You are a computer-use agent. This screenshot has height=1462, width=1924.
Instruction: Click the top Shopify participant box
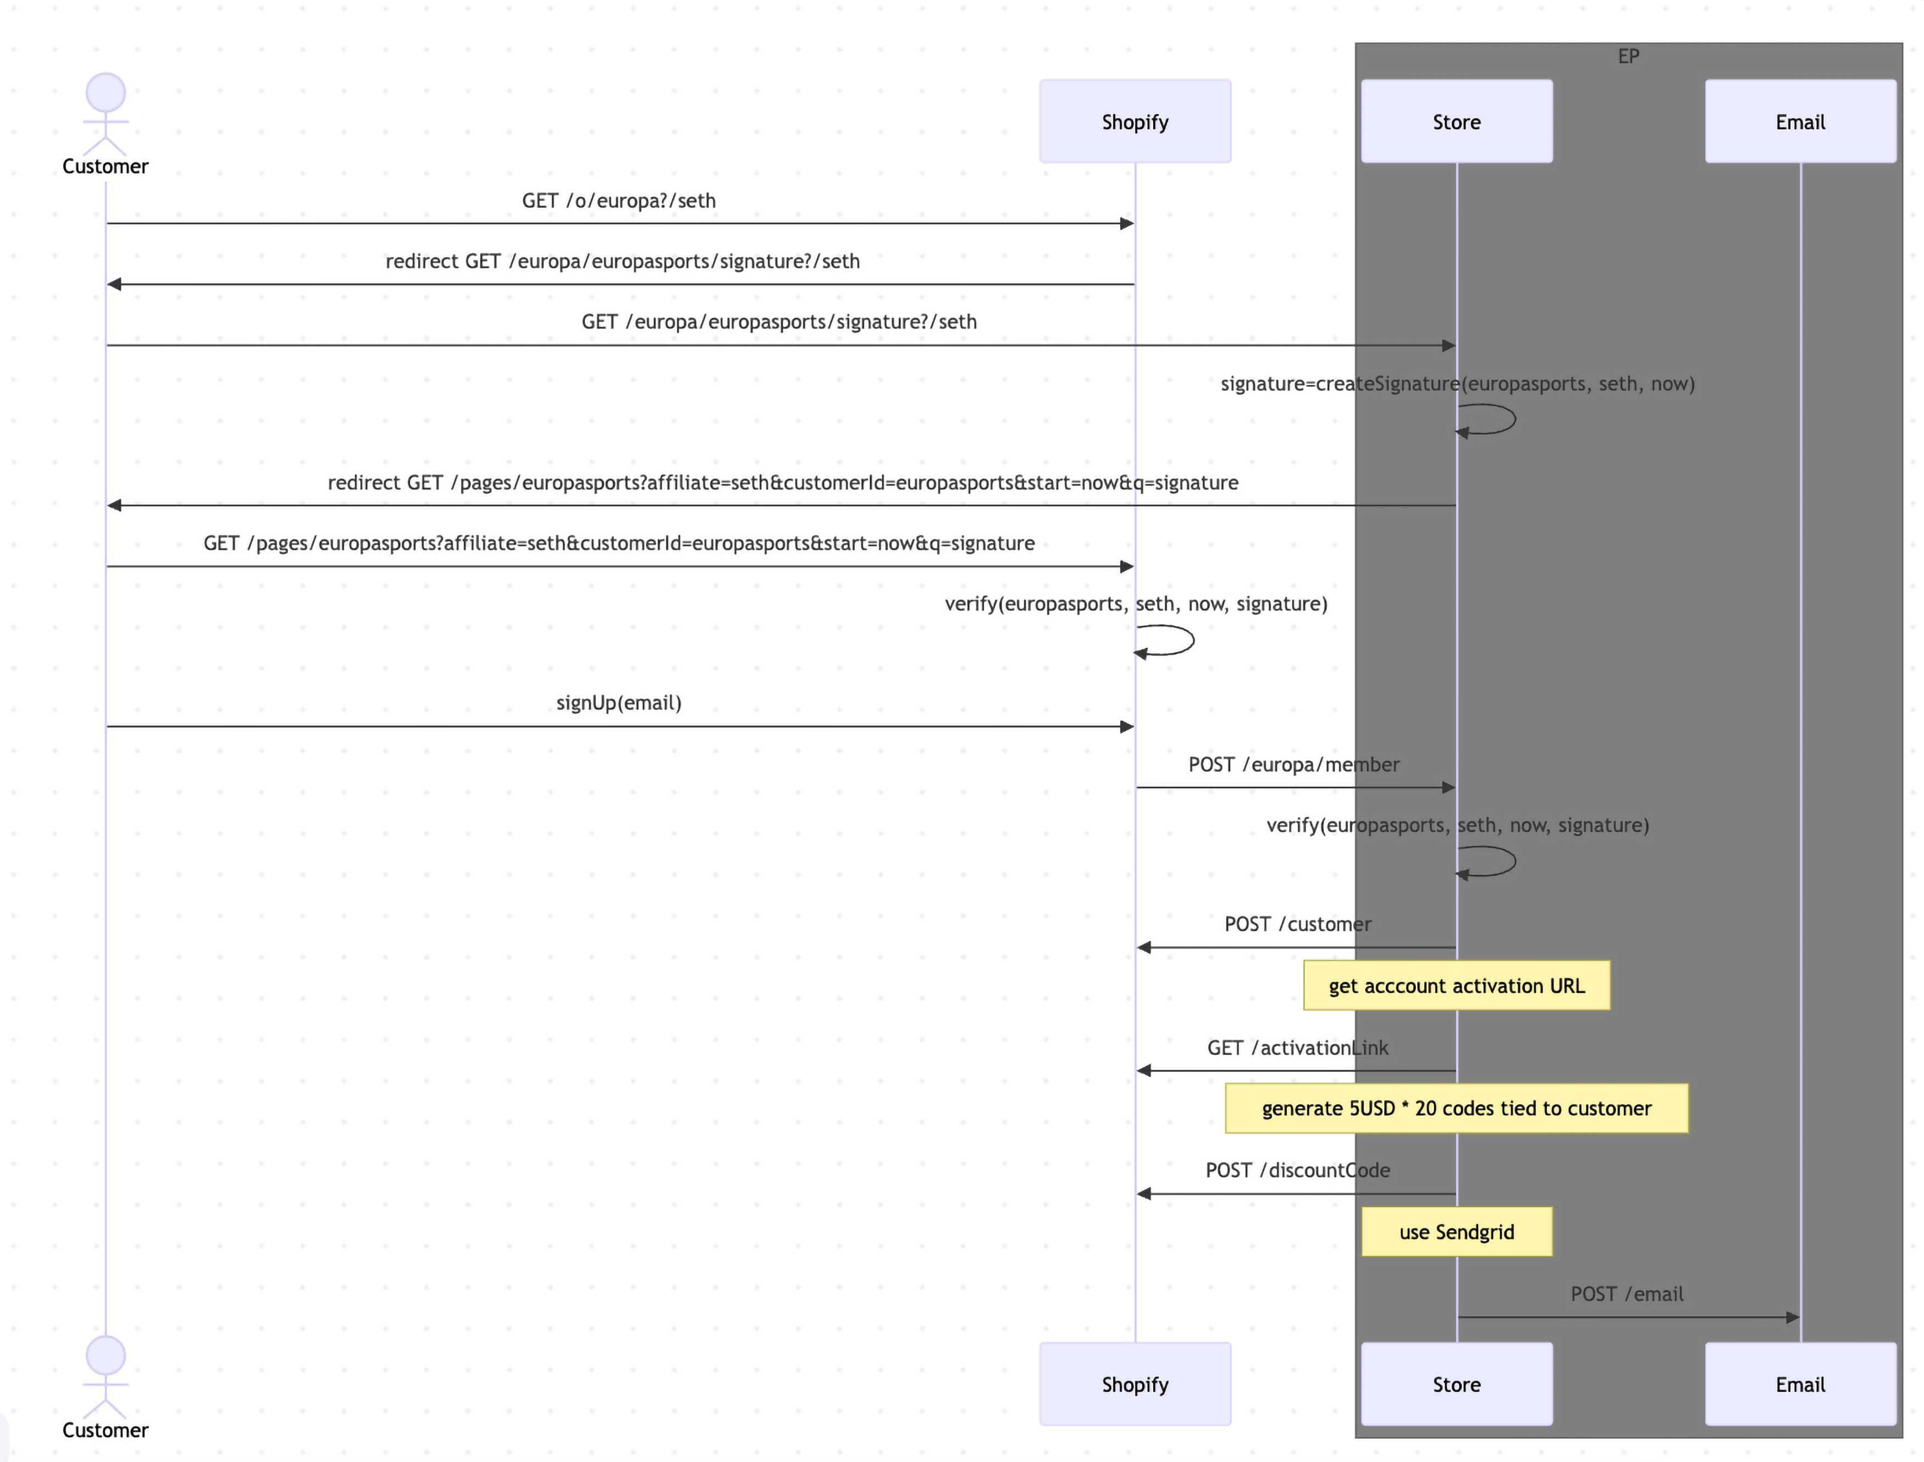coord(1135,122)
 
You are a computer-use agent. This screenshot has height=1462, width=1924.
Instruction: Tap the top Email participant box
coord(1800,122)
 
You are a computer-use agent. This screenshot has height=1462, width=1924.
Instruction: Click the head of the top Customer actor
coord(106,93)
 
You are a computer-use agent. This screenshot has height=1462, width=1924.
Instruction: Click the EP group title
coord(1628,57)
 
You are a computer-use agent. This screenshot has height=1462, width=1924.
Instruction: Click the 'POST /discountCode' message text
coord(1297,1170)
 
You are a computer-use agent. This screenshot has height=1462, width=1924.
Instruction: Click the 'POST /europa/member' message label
coord(1293,764)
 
